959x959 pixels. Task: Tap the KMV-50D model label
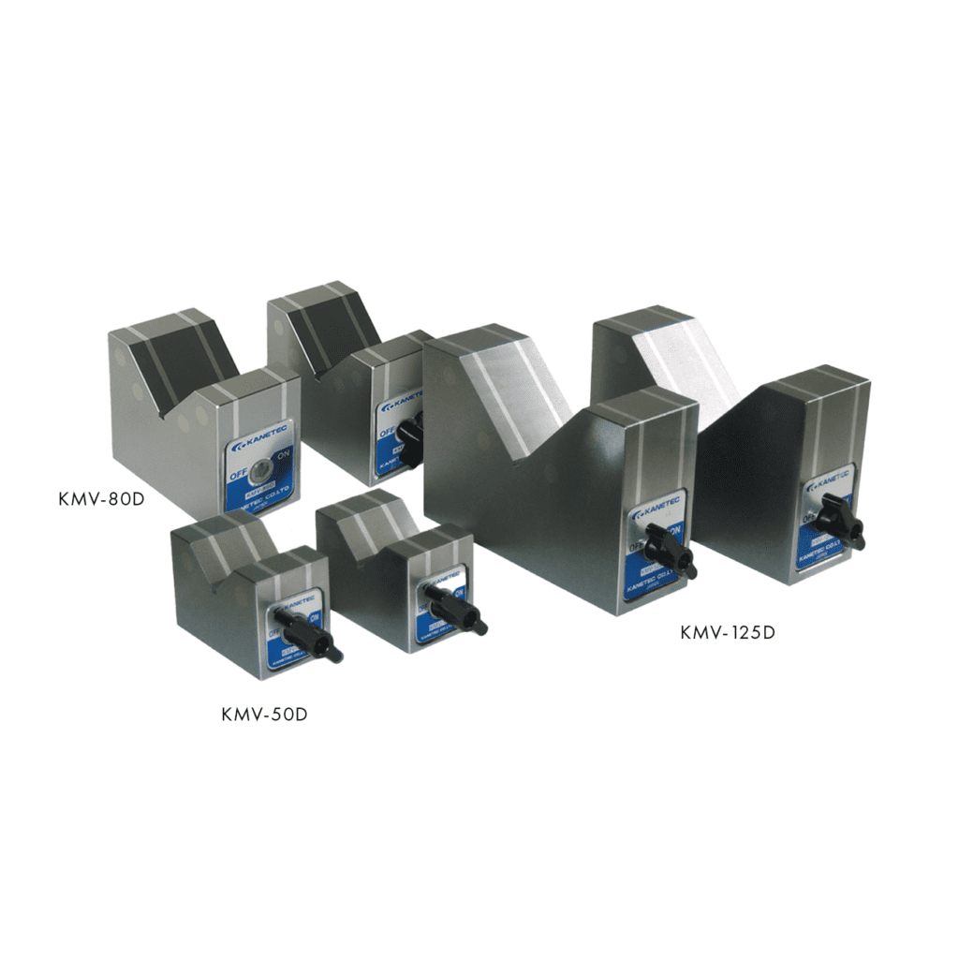(265, 715)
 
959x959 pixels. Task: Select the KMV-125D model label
(729, 632)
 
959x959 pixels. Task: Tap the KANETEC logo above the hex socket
(256, 439)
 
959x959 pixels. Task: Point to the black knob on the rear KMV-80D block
(409, 430)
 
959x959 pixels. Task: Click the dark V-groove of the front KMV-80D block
(184, 357)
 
